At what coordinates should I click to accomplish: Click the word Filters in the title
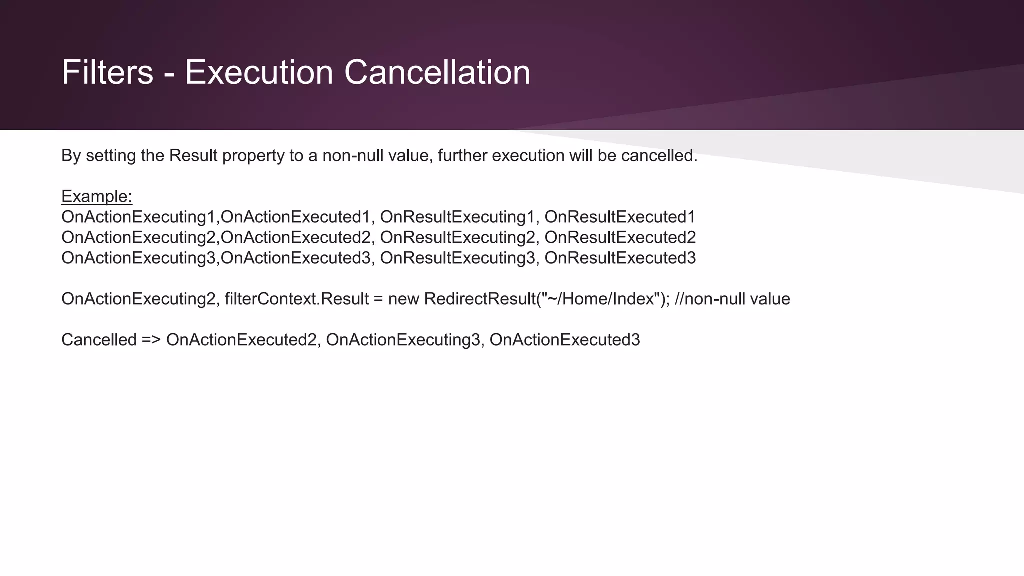(107, 72)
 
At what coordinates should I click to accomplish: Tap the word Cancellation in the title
(437, 72)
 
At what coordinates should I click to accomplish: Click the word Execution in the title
(259, 72)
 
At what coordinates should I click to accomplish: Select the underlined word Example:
(97, 196)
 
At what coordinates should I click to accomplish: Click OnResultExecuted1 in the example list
(620, 217)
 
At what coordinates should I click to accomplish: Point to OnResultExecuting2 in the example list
(457, 237)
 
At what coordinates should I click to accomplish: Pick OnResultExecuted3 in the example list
(620, 258)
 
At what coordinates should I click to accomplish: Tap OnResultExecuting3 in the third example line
(457, 258)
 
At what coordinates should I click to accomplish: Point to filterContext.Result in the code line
(297, 299)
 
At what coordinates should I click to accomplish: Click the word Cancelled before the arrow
(99, 340)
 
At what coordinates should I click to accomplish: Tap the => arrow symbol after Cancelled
(151, 340)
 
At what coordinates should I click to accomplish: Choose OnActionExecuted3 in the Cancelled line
(565, 340)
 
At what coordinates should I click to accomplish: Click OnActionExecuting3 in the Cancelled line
(403, 340)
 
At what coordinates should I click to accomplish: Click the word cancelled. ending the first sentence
(659, 156)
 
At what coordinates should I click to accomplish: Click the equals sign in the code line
(378, 299)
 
